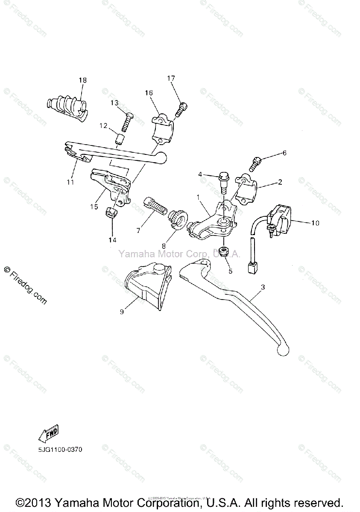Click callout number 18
click(x=82, y=80)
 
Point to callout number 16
click(x=149, y=93)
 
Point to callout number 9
click(x=122, y=312)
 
